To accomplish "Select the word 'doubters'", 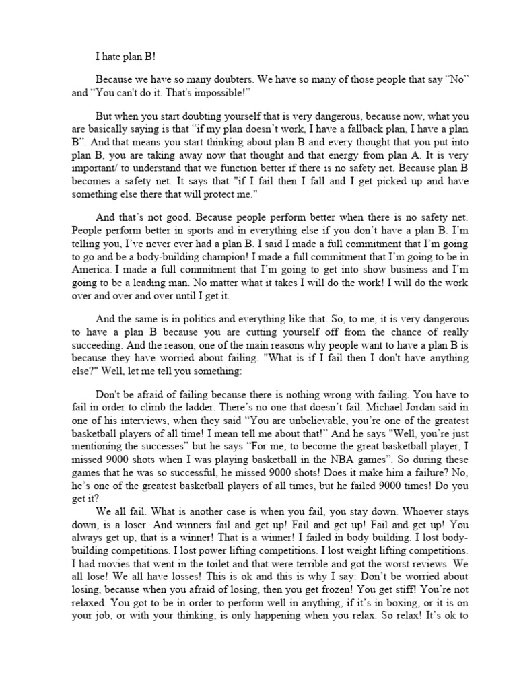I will pyautogui.click(x=223, y=79).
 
